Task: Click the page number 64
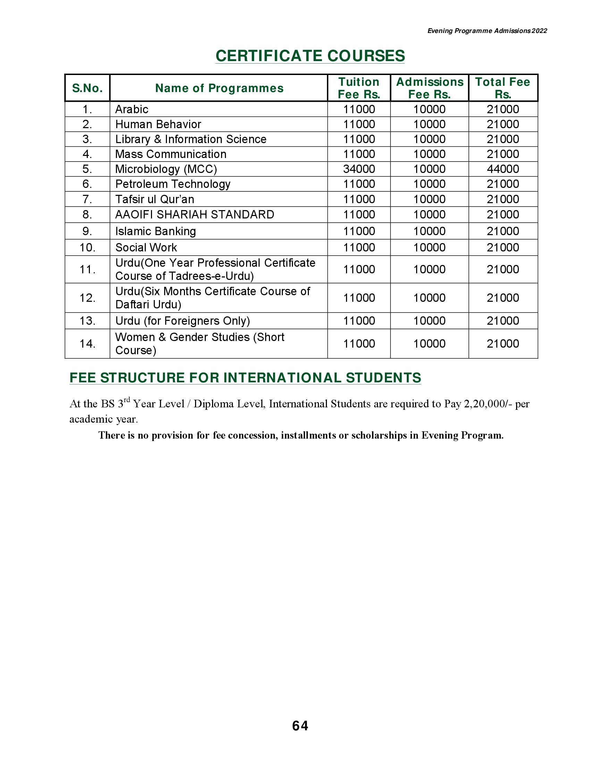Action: [x=300, y=726]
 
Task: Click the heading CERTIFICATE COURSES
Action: [x=310, y=56]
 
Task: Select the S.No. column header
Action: [x=87, y=88]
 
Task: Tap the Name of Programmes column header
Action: [x=219, y=88]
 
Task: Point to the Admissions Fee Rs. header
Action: [x=430, y=88]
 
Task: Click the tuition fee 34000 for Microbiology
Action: [x=359, y=169]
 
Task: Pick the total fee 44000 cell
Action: [x=503, y=169]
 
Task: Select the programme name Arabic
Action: [x=132, y=109]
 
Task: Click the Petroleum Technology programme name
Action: [x=173, y=184]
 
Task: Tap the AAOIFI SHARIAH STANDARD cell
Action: [x=195, y=214]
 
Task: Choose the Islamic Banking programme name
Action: [x=155, y=231]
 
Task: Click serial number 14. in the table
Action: [x=87, y=344]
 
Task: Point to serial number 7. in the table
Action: [x=87, y=199]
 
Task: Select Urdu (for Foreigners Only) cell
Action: [x=183, y=321]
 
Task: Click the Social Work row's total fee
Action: [x=503, y=248]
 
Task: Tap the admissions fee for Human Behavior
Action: [x=430, y=124]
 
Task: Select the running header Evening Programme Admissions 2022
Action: [x=487, y=31]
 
